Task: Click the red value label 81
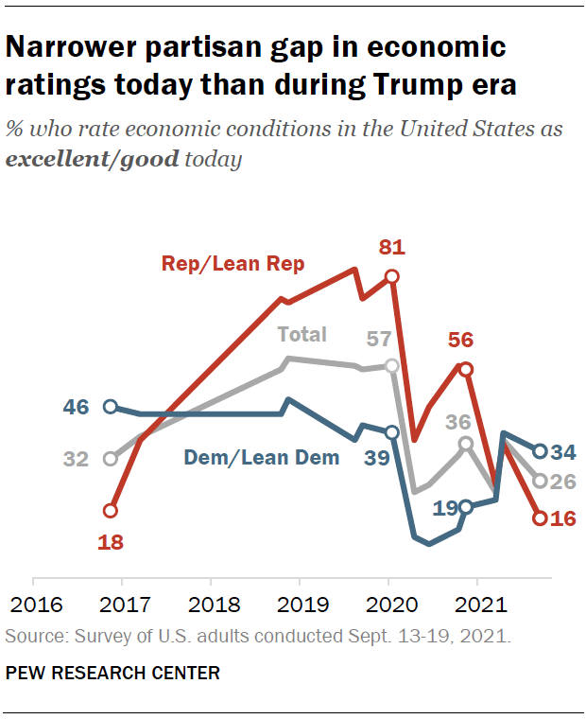click(x=391, y=249)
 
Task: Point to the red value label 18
click(x=111, y=542)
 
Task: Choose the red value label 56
click(x=460, y=341)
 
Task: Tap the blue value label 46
click(x=76, y=409)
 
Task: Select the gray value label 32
click(x=76, y=460)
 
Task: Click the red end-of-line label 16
click(x=563, y=518)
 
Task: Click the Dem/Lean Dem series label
click(x=261, y=458)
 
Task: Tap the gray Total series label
click(x=302, y=334)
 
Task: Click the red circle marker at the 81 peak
click(x=392, y=276)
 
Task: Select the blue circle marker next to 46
click(x=110, y=407)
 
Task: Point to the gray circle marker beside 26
click(x=540, y=481)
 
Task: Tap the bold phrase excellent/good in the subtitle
click(x=92, y=159)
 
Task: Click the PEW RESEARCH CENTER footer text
click(x=112, y=674)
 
